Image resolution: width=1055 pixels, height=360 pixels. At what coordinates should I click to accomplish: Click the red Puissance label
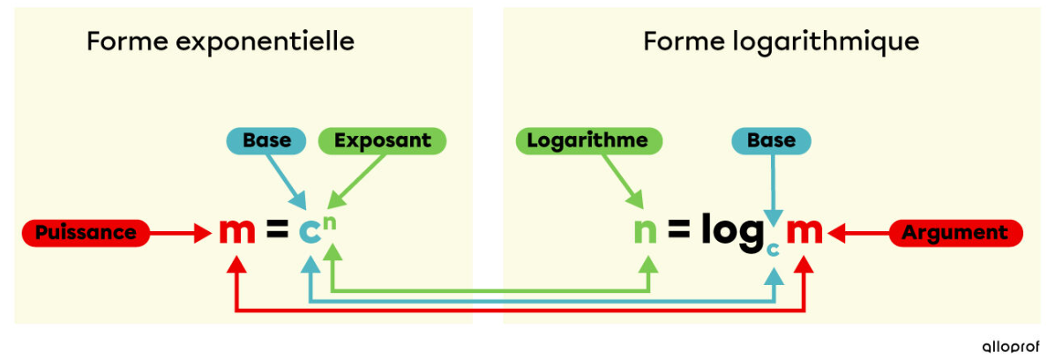coord(86,233)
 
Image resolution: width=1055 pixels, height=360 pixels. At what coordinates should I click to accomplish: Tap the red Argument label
coord(956,233)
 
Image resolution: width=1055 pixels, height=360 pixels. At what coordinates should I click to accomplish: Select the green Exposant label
coord(382,140)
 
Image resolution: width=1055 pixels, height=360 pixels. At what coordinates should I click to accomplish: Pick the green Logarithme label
coord(587,140)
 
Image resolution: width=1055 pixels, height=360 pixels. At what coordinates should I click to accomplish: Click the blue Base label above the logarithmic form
coord(771,140)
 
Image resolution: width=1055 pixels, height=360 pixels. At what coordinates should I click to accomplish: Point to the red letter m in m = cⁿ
coord(237,232)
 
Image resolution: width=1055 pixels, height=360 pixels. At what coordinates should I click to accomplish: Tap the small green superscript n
coord(329,221)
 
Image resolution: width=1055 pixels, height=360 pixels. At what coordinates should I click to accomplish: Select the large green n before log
coord(647,232)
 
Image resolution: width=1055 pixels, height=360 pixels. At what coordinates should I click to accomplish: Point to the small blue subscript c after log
coord(773,250)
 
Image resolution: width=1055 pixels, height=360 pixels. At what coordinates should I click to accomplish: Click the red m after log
coord(804,232)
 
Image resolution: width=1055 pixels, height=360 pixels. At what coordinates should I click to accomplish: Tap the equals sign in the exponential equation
coord(277,232)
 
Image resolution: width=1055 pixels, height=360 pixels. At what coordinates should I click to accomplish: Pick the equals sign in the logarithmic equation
coord(677,232)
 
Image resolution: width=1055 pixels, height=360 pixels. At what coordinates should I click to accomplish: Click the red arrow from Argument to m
coord(860,234)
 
